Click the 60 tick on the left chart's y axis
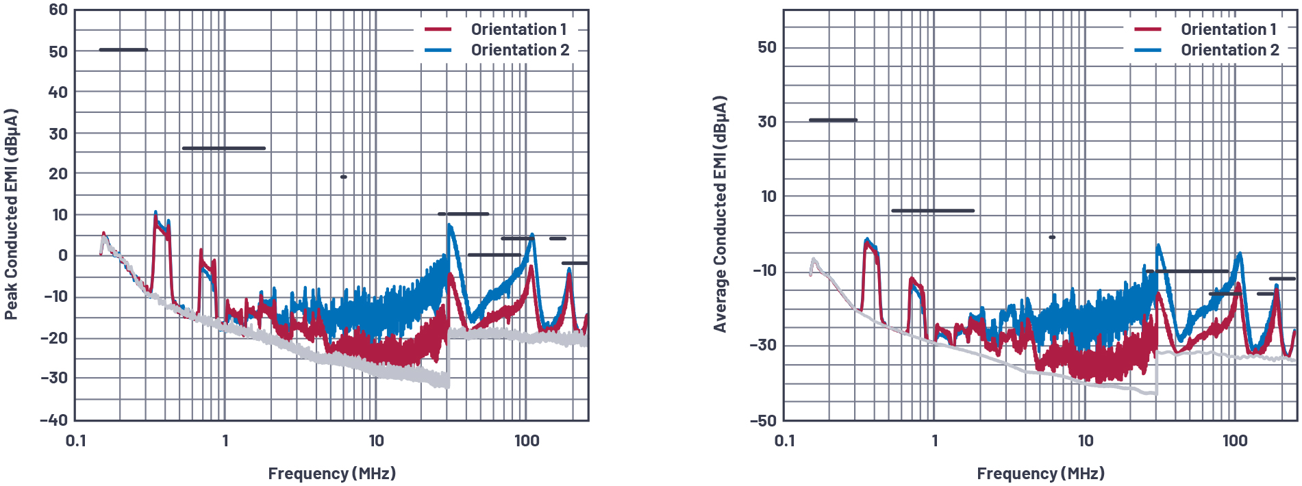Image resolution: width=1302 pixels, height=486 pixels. tap(58, 10)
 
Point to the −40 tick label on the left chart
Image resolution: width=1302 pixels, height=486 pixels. tap(54, 420)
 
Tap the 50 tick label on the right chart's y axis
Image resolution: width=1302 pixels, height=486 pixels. tap(767, 47)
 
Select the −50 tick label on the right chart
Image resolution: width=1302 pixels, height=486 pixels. tap(763, 420)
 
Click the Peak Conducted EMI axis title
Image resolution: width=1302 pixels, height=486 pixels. tap(11, 214)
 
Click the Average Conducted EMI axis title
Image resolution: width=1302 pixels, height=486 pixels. tap(720, 214)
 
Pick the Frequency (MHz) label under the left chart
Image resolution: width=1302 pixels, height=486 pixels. tap(331, 474)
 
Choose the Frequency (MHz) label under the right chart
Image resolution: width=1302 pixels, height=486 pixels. tap(1040, 474)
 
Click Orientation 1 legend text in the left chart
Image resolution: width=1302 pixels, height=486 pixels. tap(518, 29)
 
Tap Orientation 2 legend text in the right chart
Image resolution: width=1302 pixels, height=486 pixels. tap(1229, 50)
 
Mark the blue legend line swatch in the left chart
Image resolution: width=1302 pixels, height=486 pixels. tap(438, 50)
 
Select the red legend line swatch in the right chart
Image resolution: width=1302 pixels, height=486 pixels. tap(1148, 29)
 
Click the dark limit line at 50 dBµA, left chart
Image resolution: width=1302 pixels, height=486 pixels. tap(123, 49)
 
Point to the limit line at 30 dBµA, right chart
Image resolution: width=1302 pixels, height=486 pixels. tap(833, 120)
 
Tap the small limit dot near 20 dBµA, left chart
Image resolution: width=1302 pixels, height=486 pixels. tap(343, 177)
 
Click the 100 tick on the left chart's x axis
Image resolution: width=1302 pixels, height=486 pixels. tap(527, 441)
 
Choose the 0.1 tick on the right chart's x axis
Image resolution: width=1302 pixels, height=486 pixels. tap(784, 441)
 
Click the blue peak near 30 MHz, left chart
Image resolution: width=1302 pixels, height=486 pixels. tap(449, 225)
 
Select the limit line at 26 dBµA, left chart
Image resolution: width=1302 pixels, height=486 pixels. tap(223, 148)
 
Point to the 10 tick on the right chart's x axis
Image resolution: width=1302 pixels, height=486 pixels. tap(1086, 441)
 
